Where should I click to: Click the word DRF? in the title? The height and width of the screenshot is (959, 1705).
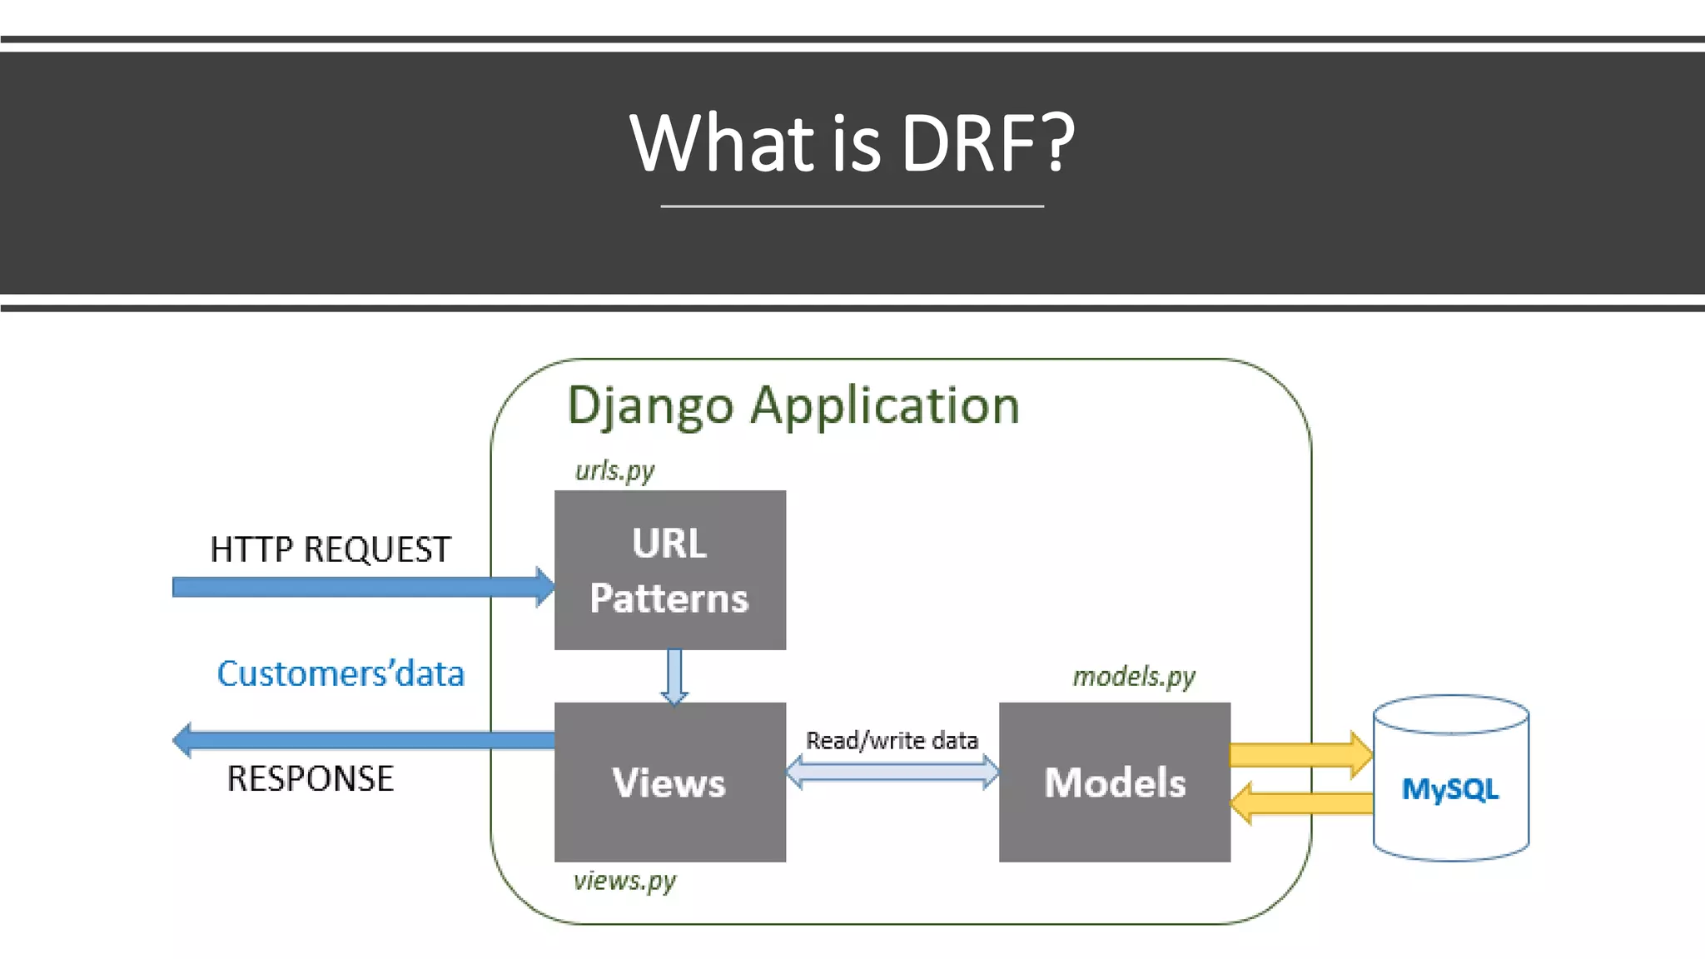pos(987,143)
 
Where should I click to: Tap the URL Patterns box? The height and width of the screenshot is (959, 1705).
pos(669,570)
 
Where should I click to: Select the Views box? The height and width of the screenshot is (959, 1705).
pos(669,783)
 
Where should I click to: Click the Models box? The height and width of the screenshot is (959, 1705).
pos(1114,783)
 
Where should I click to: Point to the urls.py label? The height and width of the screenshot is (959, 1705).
pos(614,471)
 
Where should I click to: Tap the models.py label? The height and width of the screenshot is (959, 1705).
pos(1133,676)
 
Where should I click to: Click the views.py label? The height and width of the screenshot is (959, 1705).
pos(624,881)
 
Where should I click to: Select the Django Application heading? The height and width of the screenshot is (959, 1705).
pos(793,406)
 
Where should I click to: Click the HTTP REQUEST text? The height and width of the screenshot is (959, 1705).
pos(330,550)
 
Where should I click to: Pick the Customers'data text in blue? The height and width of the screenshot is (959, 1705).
pos(340,673)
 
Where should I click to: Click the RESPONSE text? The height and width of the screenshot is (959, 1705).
pos(310,779)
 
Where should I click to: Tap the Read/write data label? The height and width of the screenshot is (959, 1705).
pos(892,740)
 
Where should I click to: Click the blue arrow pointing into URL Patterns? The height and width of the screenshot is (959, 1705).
pos(358,588)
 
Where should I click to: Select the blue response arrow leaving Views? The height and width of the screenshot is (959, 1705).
pos(358,740)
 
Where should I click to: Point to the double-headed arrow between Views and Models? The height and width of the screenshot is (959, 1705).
pos(892,772)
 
